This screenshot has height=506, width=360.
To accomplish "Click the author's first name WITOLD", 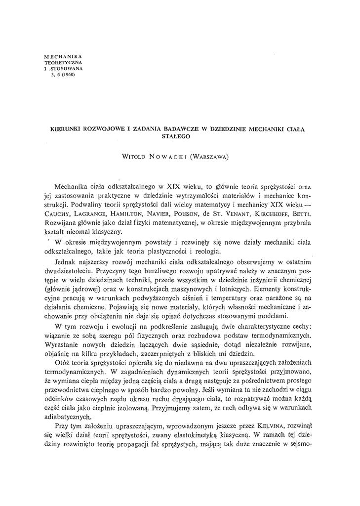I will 135,157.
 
